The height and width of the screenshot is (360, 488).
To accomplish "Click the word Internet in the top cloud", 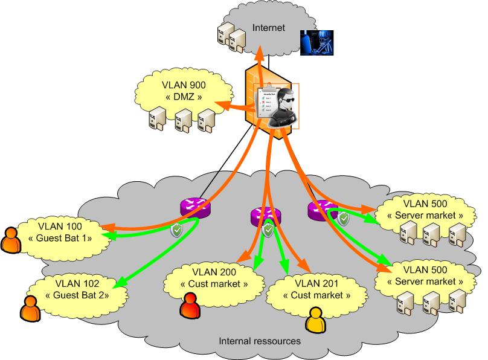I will (x=267, y=27).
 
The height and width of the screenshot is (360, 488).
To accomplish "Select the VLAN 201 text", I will (x=317, y=283).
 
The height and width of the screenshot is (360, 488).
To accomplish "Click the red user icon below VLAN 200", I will (x=190, y=304).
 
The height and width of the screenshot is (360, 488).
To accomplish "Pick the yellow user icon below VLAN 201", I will (x=315, y=320).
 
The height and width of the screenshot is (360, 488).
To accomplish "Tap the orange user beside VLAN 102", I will (x=29, y=309).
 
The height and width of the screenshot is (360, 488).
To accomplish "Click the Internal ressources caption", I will (x=259, y=341).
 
